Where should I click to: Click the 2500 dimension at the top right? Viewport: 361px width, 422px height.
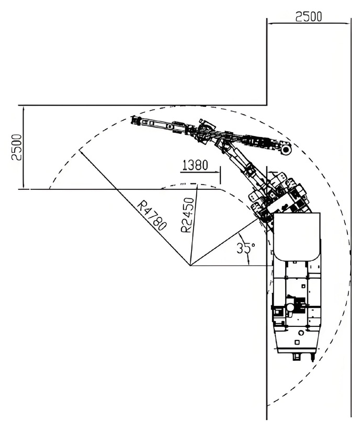point(309,16)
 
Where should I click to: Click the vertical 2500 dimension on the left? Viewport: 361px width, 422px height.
point(17,147)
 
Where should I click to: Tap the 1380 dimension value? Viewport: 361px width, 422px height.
point(195,166)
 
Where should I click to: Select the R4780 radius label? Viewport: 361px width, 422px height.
point(153,214)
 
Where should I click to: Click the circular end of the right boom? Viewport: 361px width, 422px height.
point(286,150)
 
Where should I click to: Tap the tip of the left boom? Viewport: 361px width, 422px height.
point(134,121)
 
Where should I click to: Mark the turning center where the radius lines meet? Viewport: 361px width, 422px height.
point(191,265)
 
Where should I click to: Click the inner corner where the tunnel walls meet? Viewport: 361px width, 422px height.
point(267,106)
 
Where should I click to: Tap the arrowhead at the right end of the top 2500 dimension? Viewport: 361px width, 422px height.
point(347,23)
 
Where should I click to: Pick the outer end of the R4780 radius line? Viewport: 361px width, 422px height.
point(80,151)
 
